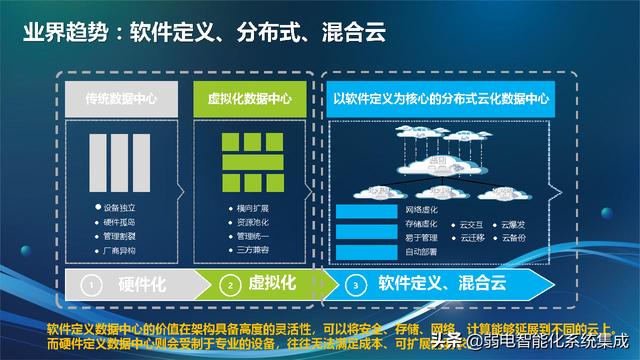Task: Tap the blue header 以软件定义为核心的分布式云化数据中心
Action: click(x=455, y=99)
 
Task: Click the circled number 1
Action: click(x=90, y=285)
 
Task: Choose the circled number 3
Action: click(x=357, y=285)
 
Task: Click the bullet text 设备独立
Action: click(x=122, y=206)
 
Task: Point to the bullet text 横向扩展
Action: click(x=248, y=207)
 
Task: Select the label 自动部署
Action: click(x=422, y=251)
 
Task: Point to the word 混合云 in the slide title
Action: click(x=346, y=34)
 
